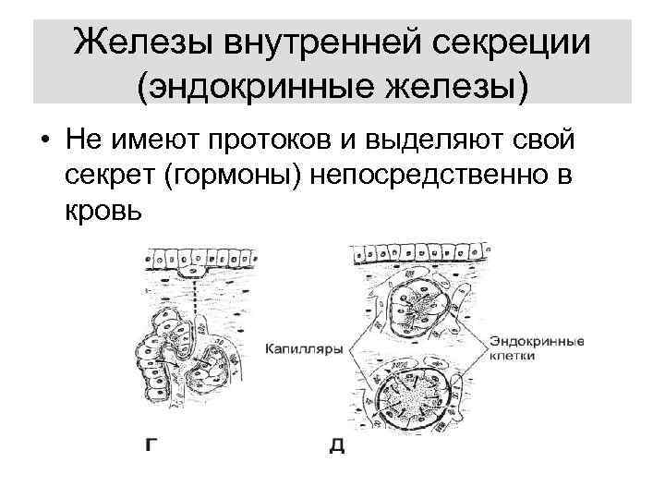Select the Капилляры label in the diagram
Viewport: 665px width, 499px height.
[x=304, y=350]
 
